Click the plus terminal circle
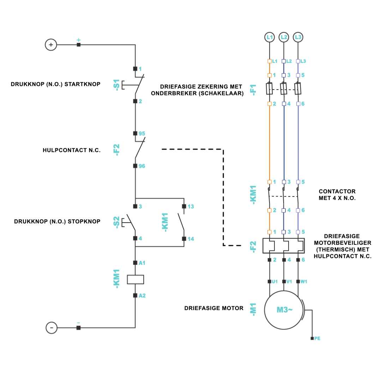click(x=51, y=45)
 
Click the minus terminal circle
click(x=52, y=328)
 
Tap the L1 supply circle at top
click(x=270, y=37)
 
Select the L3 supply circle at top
click(x=298, y=37)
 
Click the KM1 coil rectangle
click(x=135, y=279)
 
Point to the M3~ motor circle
click(x=284, y=310)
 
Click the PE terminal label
click(x=317, y=339)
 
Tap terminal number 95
click(x=142, y=134)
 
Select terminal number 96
click(x=142, y=166)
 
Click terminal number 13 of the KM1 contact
click(x=190, y=206)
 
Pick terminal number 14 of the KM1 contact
click(x=190, y=239)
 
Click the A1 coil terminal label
click(x=142, y=263)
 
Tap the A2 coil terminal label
click(x=142, y=296)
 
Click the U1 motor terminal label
click(x=275, y=282)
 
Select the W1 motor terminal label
click(x=304, y=282)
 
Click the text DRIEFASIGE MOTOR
click(x=214, y=308)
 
